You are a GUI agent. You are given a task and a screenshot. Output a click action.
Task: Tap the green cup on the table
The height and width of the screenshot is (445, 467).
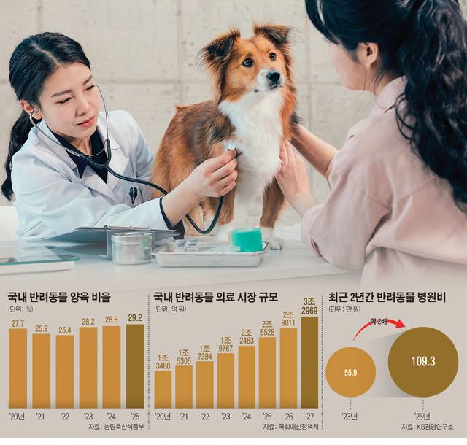246,239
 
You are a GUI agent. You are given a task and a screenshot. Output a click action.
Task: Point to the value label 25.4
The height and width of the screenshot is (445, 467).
65,330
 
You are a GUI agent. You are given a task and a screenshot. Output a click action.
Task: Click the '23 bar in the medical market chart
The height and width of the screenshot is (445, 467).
225,379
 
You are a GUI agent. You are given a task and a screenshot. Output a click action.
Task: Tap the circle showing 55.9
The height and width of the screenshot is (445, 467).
350,371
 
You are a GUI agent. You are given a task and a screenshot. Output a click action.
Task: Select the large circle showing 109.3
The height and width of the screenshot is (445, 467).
423,362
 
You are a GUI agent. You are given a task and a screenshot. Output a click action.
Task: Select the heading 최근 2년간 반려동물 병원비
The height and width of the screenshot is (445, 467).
387,298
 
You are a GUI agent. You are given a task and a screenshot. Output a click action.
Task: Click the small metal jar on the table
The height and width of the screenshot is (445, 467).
131,248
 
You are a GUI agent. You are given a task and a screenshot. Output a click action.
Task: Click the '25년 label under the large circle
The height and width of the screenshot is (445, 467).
424,415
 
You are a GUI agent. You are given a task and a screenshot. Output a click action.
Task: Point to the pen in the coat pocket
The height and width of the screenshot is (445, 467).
133,194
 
